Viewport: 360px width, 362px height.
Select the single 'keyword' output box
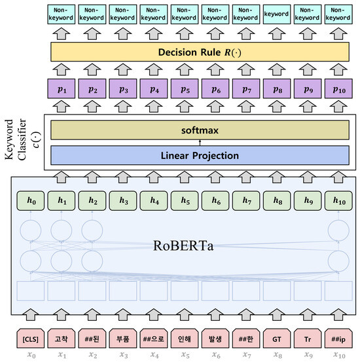click(x=277, y=13)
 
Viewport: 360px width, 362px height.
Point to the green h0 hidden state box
click(x=30, y=201)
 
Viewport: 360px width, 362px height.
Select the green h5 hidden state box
click(x=185, y=201)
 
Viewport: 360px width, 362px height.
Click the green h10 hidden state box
click(x=338, y=201)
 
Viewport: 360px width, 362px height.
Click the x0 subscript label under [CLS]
click(x=30, y=355)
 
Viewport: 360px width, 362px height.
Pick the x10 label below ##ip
click(x=338, y=355)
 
